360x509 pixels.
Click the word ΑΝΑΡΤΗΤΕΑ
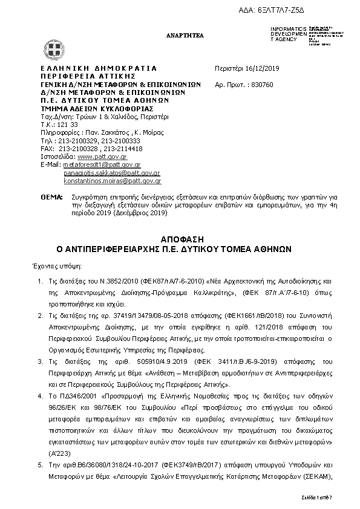point(185,36)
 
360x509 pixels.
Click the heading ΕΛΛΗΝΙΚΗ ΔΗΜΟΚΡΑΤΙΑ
point(99,69)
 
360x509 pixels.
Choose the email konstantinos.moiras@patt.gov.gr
point(112,180)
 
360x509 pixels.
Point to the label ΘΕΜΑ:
point(51,197)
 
